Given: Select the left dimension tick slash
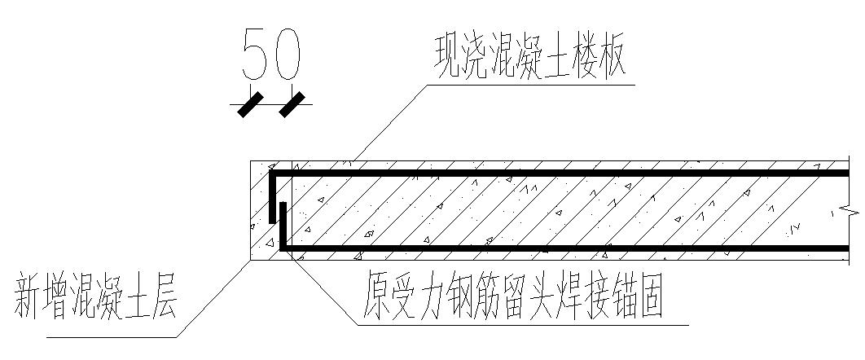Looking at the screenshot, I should click(x=250, y=104).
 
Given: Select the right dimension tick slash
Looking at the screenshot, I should click(x=291, y=104).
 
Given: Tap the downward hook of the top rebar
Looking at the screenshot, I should click(x=271, y=200).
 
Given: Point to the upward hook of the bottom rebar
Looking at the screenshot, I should click(x=282, y=224).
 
